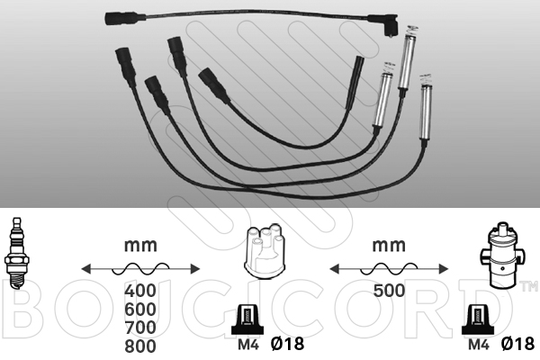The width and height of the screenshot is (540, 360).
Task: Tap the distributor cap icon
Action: [265, 250]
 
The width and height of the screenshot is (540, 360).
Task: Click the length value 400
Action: [140, 291]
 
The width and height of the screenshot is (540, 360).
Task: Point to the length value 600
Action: [140, 310]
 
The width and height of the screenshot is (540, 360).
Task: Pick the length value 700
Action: [140, 328]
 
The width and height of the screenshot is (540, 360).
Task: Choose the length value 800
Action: [140, 346]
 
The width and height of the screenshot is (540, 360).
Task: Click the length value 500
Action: [389, 291]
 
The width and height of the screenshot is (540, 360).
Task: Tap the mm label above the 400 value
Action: [140, 246]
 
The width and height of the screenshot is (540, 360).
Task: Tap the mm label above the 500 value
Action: [389, 246]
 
